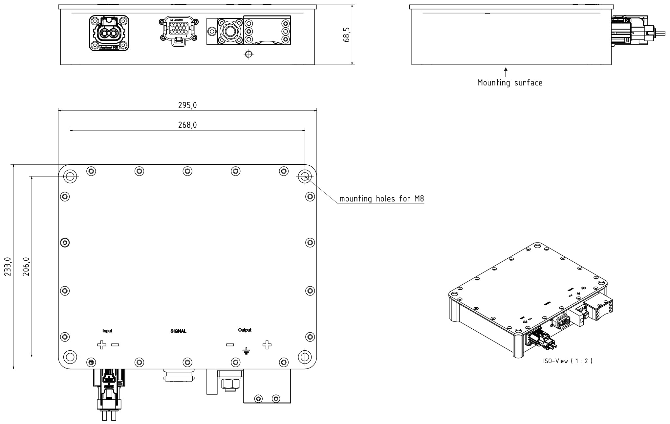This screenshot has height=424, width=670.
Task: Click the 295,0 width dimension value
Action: point(187,105)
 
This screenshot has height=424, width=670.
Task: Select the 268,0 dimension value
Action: point(187,125)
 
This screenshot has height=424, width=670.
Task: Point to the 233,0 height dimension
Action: point(8,266)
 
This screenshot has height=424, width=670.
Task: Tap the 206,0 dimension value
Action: point(27,267)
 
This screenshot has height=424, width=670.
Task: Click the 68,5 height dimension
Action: point(347,35)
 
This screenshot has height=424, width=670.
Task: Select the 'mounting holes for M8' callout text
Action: point(382,199)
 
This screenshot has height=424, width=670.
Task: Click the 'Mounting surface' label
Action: point(510,82)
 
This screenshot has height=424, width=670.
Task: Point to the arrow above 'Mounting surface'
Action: point(506,72)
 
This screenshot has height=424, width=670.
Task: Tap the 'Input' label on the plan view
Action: point(107,331)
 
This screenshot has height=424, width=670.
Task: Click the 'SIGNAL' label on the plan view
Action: point(178,331)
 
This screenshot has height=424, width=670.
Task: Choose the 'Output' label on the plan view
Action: point(245,330)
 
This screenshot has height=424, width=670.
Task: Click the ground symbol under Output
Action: point(246,351)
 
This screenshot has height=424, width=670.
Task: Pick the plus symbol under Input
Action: point(102,345)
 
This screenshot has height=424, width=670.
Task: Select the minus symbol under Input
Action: point(115,345)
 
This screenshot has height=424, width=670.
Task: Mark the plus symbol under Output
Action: point(267,345)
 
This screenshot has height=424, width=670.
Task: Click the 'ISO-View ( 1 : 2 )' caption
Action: point(568,361)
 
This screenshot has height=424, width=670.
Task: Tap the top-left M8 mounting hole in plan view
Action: point(70,177)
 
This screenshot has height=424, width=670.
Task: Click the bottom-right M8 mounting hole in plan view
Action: point(305,357)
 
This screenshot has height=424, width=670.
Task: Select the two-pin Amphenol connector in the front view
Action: point(109,33)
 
